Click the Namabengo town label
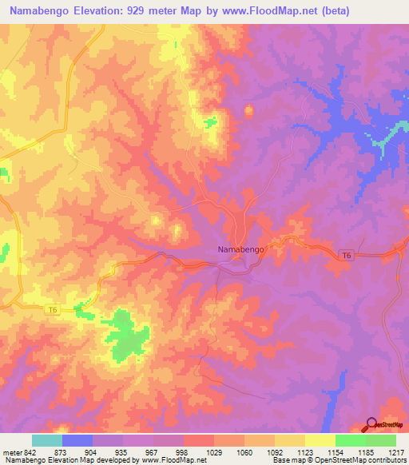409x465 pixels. tap(240, 249)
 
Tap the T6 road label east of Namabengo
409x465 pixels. tap(346, 255)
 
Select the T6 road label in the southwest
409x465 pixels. tap(52, 309)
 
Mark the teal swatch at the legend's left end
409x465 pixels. tap(47, 440)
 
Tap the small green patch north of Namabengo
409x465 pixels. tap(210, 122)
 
